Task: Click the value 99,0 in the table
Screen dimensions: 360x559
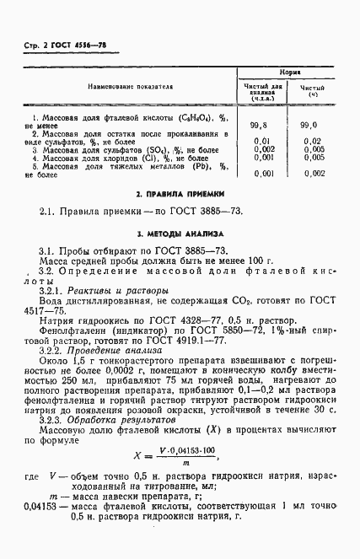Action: click(313, 125)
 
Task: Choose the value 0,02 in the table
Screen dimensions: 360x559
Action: click(313, 141)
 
